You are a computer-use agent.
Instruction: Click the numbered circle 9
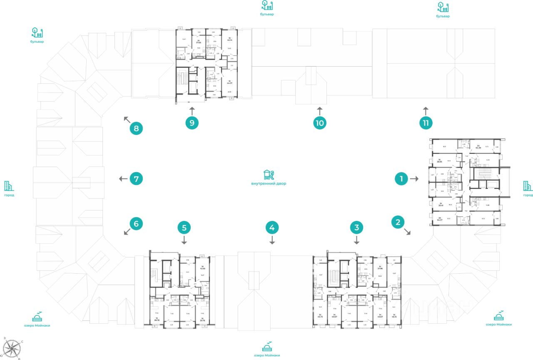click(x=192, y=123)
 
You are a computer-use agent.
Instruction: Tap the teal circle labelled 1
click(x=401, y=179)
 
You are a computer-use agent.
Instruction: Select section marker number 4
click(x=272, y=227)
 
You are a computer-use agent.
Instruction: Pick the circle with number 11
click(x=426, y=123)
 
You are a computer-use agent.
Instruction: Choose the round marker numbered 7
click(x=136, y=179)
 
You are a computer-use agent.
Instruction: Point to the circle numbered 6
click(x=136, y=224)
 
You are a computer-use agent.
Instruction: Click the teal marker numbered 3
click(x=356, y=227)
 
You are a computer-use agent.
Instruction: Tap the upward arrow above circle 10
click(x=319, y=110)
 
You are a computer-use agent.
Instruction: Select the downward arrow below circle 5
click(x=184, y=240)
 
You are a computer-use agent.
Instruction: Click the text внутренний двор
click(x=269, y=183)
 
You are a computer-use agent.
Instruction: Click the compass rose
click(x=13, y=347)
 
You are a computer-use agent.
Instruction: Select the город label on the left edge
click(x=9, y=195)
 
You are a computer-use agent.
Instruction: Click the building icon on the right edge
click(x=528, y=186)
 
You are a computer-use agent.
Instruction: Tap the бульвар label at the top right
click(x=443, y=16)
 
